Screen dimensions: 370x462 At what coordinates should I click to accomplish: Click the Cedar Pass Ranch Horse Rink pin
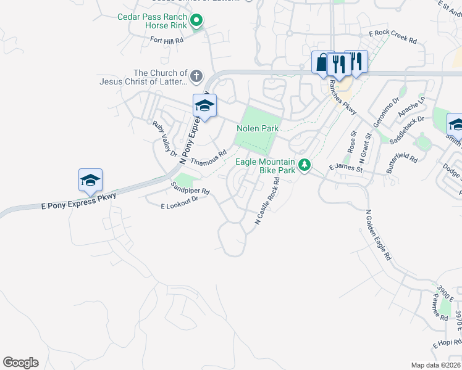point(196,22)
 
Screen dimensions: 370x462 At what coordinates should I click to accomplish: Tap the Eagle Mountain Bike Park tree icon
point(304,165)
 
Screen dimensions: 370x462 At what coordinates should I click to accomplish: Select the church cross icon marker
point(196,77)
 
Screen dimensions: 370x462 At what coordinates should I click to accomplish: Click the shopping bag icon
point(322,63)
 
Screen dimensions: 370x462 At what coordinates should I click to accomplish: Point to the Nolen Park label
point(258,128)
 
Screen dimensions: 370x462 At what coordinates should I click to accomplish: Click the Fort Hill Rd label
point(167,40)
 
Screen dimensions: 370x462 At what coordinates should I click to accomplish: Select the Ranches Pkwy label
point(343,97)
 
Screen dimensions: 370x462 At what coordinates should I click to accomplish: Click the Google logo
point(20,363)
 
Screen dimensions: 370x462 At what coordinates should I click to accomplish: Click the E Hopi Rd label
point(447,342)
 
